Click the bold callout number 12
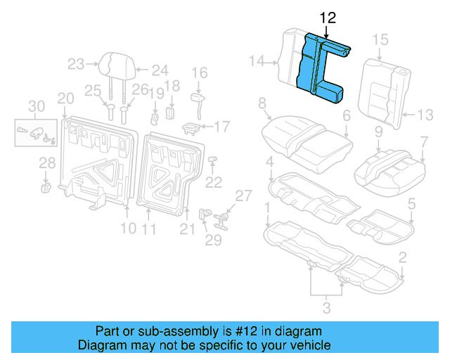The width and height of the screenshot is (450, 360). click(x=328, y=17)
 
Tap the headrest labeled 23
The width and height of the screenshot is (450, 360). click(x=113, y=65)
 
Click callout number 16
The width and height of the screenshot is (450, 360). click(x=200, y=72)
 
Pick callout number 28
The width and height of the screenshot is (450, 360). click(x=46, y=164)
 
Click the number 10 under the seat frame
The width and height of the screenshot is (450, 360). click(x=127, y=228)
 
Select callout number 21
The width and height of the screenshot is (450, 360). click(x=187, y=228)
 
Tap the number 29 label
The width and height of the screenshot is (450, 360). click(x=212, y=241)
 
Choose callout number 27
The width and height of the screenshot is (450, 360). click(x=242, y=195)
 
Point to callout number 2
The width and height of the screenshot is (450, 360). click(x=401, y=258)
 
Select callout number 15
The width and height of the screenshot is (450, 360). click(x=380, y=39)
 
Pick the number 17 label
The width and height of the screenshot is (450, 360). click(x=221, y=127)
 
